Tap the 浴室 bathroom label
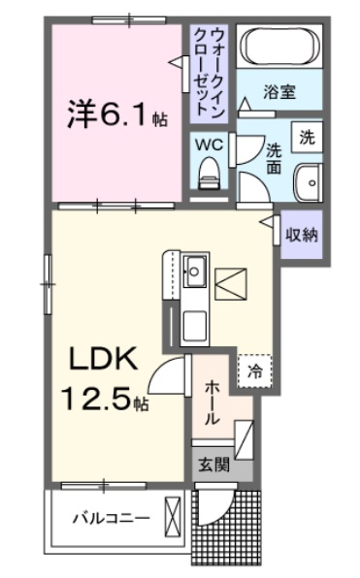279,92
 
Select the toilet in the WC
209,174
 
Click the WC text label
210,144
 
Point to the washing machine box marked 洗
307,137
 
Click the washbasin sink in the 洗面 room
308,182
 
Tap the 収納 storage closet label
302,235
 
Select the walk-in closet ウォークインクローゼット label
210,73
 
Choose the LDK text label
104,358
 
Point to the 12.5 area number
97,400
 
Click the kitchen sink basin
194,272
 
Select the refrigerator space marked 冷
254,371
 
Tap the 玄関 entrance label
213,465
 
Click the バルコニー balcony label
112,518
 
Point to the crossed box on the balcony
173,517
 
